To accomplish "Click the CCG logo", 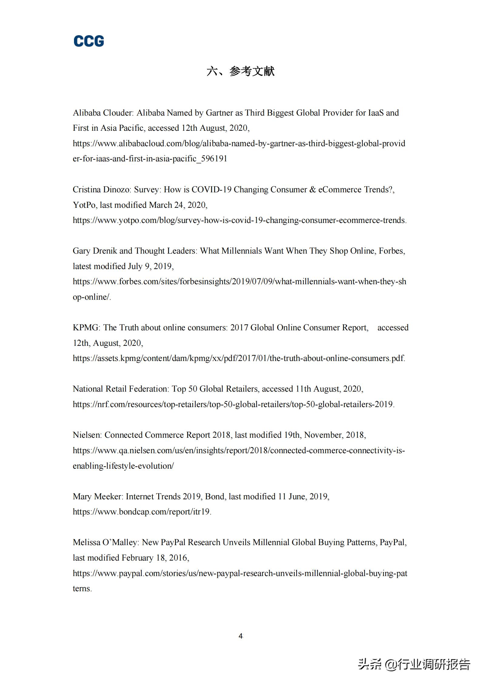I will [89, 41].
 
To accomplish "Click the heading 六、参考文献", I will [240, 71].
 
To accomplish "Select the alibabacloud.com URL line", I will [239, 143].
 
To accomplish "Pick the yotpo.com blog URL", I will [239, 220].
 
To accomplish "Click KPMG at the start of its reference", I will [86, 328].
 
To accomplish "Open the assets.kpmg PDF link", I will [239, 358].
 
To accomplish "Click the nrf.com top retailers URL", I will [233, 404].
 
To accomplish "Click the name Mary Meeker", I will [97, 496].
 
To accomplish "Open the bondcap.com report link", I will [142, 512].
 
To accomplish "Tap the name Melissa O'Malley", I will [105, 542].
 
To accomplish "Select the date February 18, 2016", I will [155, 558].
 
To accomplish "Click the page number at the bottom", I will [240, 636].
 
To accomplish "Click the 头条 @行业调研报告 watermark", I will [414, 664].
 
